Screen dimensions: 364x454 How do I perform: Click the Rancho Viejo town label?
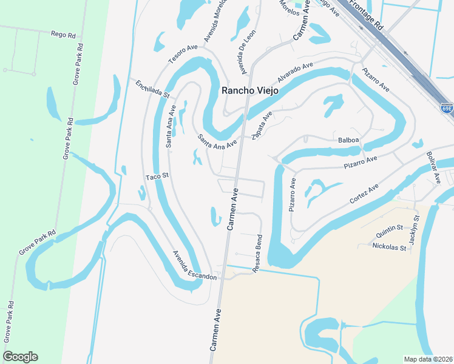(x=249, y=90)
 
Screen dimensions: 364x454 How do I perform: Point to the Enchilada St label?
(x=152, y=89)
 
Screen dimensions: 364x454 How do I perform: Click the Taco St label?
(x=156, y=176)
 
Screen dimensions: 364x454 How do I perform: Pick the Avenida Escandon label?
(x=194, y=265)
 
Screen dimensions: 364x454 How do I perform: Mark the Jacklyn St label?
(x=413, y=230)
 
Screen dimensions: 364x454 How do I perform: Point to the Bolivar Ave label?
(x=433, y=168)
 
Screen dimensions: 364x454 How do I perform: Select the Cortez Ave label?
(x=364, y=194)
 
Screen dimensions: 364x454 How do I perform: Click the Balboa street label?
(x=349, y=140)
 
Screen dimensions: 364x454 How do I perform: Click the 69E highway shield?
(x=446, y=107)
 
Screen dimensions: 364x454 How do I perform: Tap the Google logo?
(x=21, y=357)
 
